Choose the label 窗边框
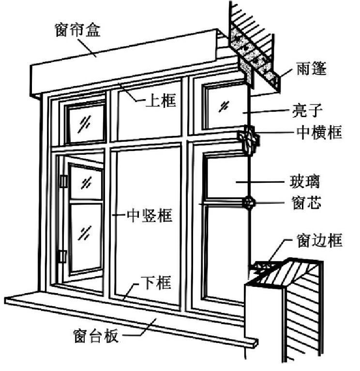click(319, 240)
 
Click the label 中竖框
click(149, 215)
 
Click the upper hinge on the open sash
click(63, 181)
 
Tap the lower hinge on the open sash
click(62, 256)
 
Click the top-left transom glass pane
click(85, 123)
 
